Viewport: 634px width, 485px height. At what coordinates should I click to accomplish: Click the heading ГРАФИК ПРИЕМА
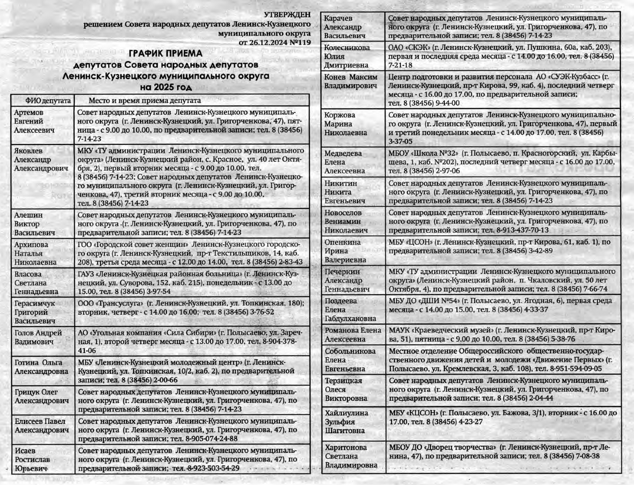click(165, 54)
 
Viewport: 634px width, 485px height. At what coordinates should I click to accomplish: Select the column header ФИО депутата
click(43, 101)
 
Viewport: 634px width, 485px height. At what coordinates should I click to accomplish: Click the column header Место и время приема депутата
click(145, 101)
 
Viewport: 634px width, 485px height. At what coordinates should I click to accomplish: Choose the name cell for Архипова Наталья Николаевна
click(36, 253)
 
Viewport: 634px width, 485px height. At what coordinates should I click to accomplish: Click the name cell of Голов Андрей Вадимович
click(38, 337)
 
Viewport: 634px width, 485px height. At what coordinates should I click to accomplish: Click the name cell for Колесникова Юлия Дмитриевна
click(347, 56)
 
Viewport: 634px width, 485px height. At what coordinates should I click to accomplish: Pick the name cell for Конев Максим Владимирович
click(351, 81)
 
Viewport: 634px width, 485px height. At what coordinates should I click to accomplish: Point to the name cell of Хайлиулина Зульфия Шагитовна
click(346, 422)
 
